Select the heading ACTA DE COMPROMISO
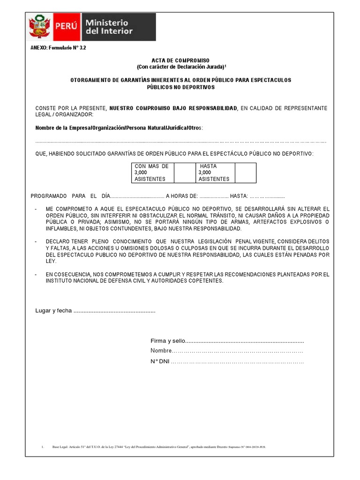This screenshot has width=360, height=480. pos(180,61)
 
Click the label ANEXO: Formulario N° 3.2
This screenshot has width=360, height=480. pos(58,48)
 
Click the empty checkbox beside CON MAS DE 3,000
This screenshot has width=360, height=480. pos(184,172)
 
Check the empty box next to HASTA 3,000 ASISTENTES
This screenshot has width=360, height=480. pos(245,172)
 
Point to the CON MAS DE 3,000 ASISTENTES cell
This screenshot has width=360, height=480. pos(152,172)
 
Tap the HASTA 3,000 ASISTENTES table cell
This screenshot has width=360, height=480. pos(214,172)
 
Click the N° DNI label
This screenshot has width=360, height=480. pos(160,362)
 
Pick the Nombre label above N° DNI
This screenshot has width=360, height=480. pos(161,351)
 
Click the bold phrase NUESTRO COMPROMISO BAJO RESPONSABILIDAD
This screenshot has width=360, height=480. pos(173,108)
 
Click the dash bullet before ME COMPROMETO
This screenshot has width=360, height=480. pos(37,209)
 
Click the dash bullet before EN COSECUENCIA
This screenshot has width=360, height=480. pos(37,274)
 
